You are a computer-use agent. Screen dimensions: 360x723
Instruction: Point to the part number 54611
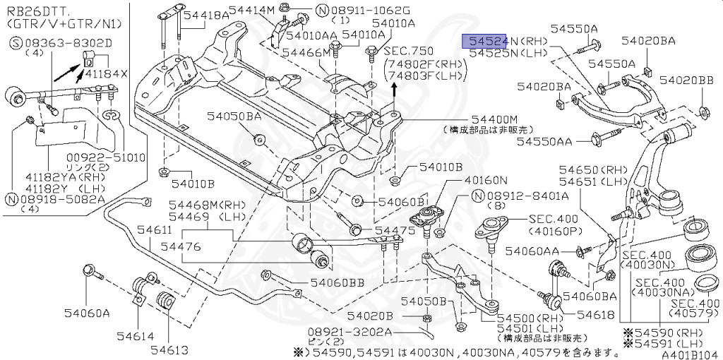pos(154,231)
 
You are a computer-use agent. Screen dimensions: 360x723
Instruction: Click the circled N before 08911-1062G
pos(322,11)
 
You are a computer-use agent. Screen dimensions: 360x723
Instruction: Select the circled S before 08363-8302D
pos(15,43)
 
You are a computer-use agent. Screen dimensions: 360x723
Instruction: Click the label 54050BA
pos(233,116)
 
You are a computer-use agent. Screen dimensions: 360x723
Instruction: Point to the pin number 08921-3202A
pos(340,330)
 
